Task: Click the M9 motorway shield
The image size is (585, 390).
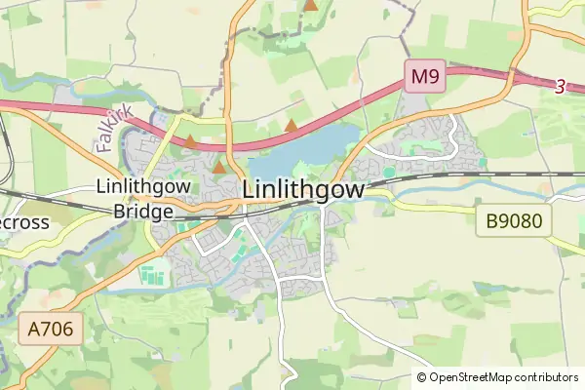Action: (x=425, y=76)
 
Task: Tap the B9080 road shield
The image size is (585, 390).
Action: (x=513, y=221)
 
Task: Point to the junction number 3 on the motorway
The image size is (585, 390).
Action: (x=560, y=87)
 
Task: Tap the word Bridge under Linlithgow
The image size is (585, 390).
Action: (x=143, y=211)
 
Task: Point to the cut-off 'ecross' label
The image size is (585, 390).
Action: (x=23, y=221)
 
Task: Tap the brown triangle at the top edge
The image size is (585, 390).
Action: (x=310, y=5)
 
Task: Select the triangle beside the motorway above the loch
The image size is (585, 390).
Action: (x=291, y=125)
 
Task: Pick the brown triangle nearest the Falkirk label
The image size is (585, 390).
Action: (x=191, y=141)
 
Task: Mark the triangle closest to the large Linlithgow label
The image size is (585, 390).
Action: (x=219, y=168)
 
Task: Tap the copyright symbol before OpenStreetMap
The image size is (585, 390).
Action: (x=421, y=377)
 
